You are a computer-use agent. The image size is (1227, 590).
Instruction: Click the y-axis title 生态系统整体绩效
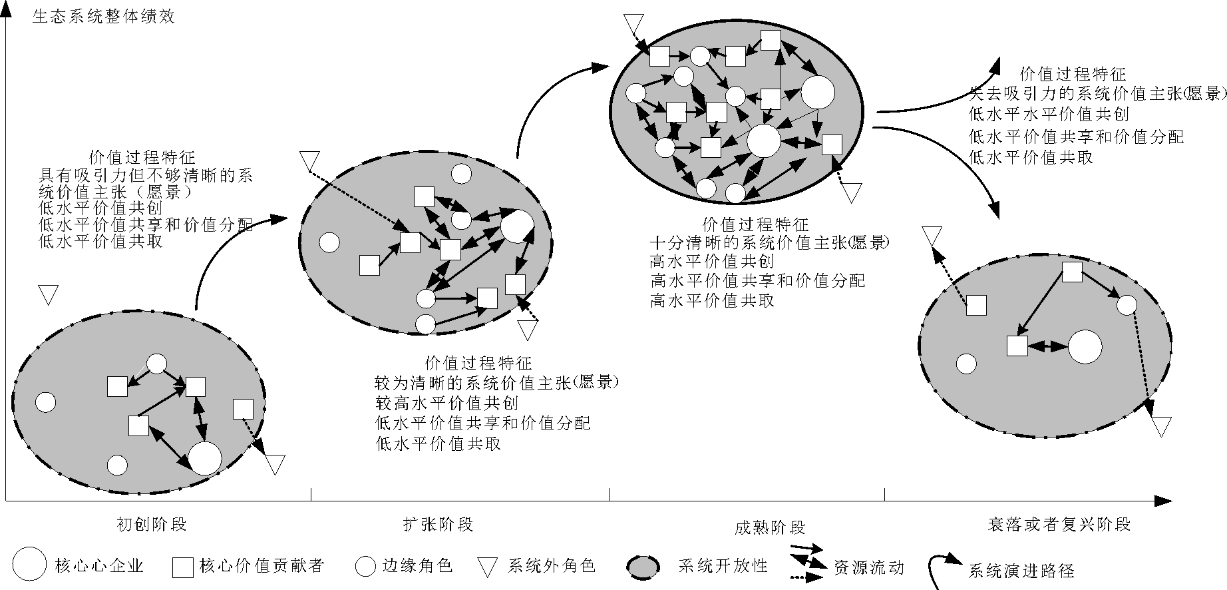click(x=103, y=17)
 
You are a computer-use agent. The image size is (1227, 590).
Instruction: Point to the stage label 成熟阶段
click(x=770, y=528)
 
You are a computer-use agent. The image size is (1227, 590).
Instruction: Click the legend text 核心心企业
click(x=100, y=567)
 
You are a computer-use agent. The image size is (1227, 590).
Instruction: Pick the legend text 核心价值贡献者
click(x=262, y=566)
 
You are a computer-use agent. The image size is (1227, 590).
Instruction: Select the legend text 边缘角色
click(x=417, y=566)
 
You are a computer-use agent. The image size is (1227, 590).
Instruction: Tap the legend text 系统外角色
click(x=552, y=566)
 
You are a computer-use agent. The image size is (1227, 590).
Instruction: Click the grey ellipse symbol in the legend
click(x=643, y=567)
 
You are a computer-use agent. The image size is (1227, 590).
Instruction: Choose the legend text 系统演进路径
click(x=1021, y=571)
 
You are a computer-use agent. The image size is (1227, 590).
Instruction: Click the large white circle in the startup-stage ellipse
click(x=205, y=457)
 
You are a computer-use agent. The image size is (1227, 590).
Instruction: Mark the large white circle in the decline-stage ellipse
click(x=1085, y=347)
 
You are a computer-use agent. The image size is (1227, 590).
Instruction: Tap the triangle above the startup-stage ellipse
click(x=48, y=293)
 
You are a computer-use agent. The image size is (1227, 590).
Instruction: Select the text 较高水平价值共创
click(x=446, y=403)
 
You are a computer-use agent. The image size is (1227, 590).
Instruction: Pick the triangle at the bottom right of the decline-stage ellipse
click(x=1161, y=425)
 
